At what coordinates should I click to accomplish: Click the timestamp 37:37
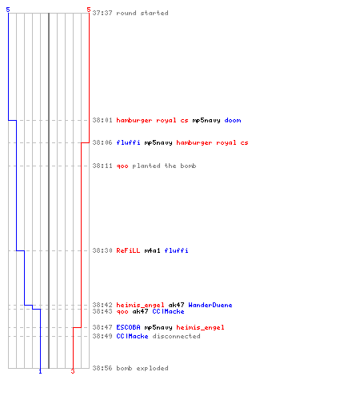(x=102, y=13)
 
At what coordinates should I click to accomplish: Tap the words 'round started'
(x=142, y=13)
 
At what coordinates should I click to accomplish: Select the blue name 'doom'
(x=233, y=120)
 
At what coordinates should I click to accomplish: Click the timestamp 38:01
(x=102, y=120)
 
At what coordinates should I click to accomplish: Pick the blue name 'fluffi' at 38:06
(x=128, y=142)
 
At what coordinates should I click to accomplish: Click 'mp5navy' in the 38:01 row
(x=206, y=120)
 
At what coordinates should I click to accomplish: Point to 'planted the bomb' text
(x=164, y=166)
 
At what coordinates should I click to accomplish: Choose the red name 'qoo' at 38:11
(x=122, y=166)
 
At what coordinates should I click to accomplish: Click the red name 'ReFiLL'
(x=128, y=250)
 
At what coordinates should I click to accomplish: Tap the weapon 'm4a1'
(x=152, y=250)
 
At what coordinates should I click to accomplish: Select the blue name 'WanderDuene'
(x=210, y=305)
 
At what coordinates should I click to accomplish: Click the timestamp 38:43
(x=102, y=311)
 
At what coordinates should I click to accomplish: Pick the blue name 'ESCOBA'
(x=128, y=327)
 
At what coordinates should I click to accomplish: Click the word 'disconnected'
(x=176, y=336)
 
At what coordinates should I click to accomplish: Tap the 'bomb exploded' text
(x=142, y=368)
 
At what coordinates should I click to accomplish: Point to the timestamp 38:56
(x=102, y=368)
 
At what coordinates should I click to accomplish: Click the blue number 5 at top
(x=8, y=10)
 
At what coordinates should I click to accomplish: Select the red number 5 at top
(x=89, y=10)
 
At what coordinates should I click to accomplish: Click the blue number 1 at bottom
(x=40, y=372)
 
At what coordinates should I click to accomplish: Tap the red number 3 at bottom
(x=73, y=371)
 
